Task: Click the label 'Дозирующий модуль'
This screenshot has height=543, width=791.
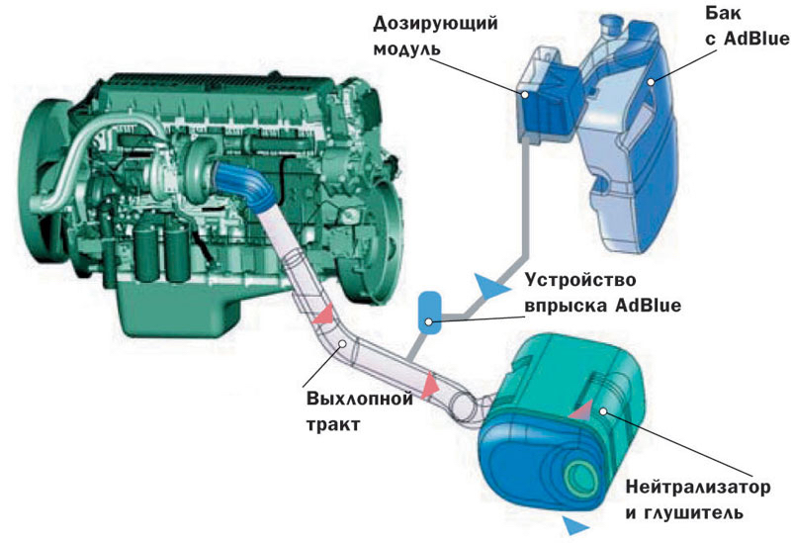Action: (x=435, y=37)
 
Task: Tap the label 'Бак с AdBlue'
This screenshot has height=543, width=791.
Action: (x=747, y=27)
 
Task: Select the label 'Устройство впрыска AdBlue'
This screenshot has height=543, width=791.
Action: (x=603, y=293)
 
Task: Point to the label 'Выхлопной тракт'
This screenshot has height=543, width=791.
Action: (x=360, y=411)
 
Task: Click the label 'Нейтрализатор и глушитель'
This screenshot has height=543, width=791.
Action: (x=698, y=500)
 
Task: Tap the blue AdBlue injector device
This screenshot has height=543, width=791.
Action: (x=430, y=313)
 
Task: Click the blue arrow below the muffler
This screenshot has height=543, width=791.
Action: (x=575, y=525)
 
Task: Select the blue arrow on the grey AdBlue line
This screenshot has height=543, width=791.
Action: (x=490, y=286)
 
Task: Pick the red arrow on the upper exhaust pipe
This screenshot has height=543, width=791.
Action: (x=324, y=314)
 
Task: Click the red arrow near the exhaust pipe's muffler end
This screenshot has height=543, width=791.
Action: (x=430, y=386)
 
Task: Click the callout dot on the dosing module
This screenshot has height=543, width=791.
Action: (x=525, y=94)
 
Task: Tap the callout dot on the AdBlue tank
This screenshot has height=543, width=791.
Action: (x=652, y=81)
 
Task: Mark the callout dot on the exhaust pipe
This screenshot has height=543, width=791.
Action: (x=342, y=343)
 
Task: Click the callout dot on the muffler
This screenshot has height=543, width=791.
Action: (x=603, y=411)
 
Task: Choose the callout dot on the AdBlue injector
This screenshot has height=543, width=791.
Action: (x=429, y=321)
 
